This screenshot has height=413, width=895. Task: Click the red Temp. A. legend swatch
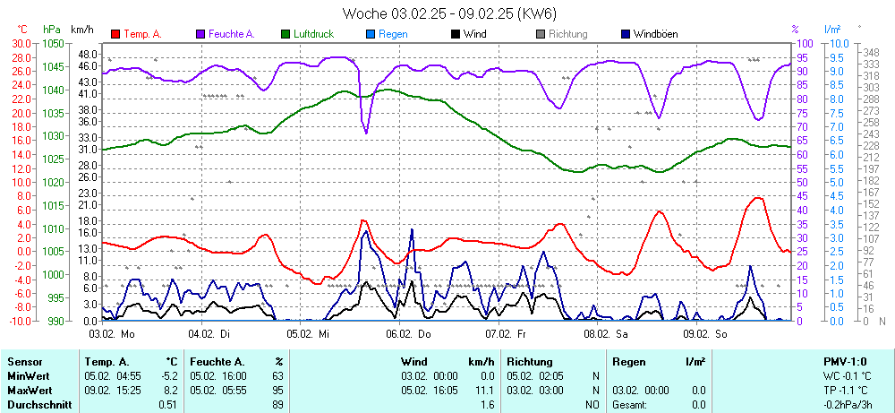(x=115, y=34)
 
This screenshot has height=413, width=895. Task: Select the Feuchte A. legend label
(x=232, y=34)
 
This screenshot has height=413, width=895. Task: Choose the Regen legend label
(x=393, y=34)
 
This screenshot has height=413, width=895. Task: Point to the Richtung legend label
(x=568, y=34)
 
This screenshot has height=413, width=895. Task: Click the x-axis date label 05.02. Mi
(x=309, y=333)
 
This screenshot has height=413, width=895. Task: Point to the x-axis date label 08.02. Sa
(x=601, y=333)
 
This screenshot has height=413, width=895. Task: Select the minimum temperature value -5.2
(x=168, y=375)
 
